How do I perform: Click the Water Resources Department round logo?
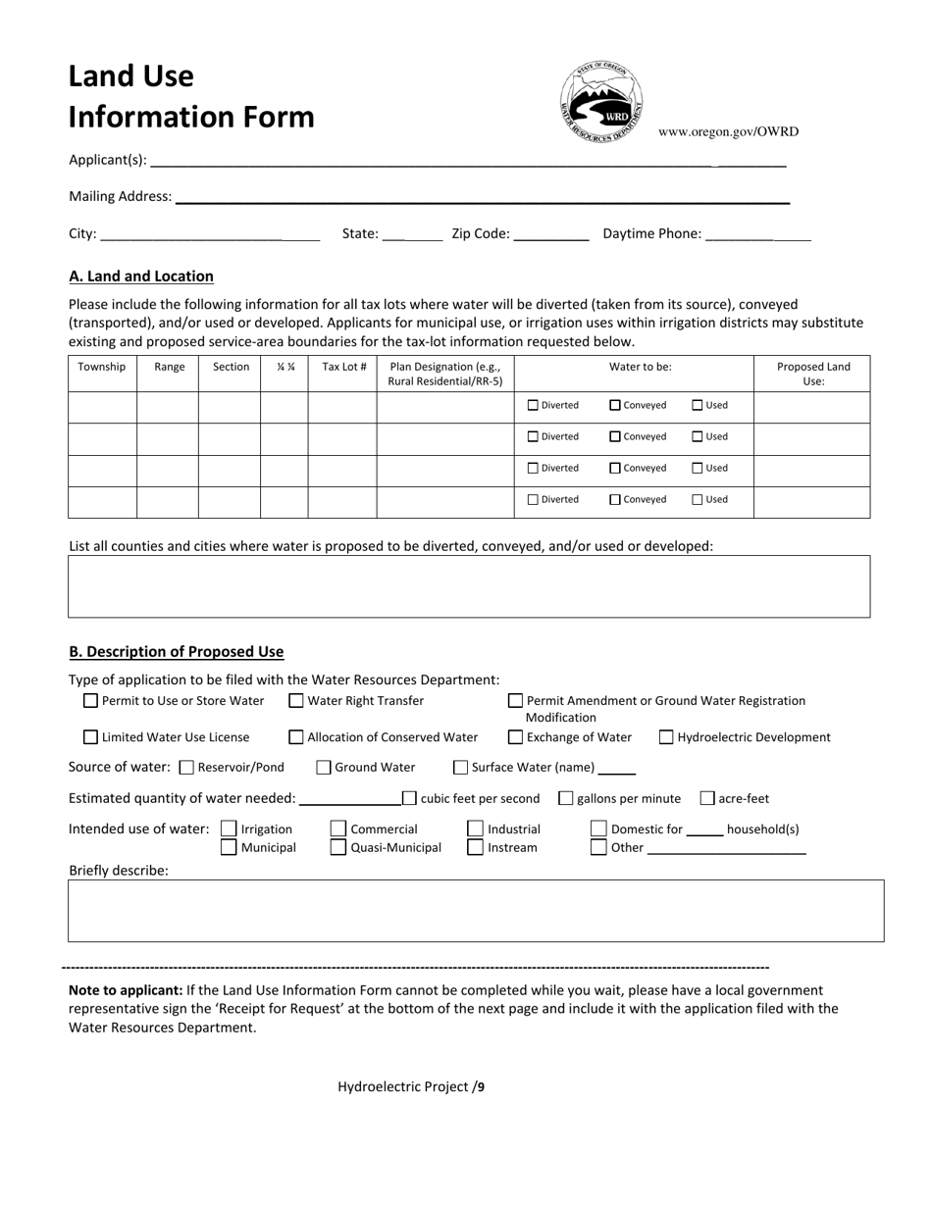[601, 103]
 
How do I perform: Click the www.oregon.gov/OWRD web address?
[728, 131]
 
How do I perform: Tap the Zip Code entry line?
[550, 235]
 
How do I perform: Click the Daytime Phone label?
[651, 233]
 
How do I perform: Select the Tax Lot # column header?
[343, 367]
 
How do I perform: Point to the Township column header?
[102, 367]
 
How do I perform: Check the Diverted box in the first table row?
[534, 405]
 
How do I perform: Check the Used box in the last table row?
[698, 499]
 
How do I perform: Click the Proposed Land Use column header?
[812, 374]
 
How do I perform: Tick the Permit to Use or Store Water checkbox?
[91, 701]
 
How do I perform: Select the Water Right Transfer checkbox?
[296, 701]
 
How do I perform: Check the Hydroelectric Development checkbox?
[666, 737]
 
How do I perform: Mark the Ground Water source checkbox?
[324, 768]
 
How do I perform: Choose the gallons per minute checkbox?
[566, 798]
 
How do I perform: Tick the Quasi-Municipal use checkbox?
[338, 847]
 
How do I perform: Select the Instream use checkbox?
[475, 847]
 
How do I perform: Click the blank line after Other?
[726, 849]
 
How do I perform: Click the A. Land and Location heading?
[141, 276]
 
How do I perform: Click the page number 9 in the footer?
[481, 1086]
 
